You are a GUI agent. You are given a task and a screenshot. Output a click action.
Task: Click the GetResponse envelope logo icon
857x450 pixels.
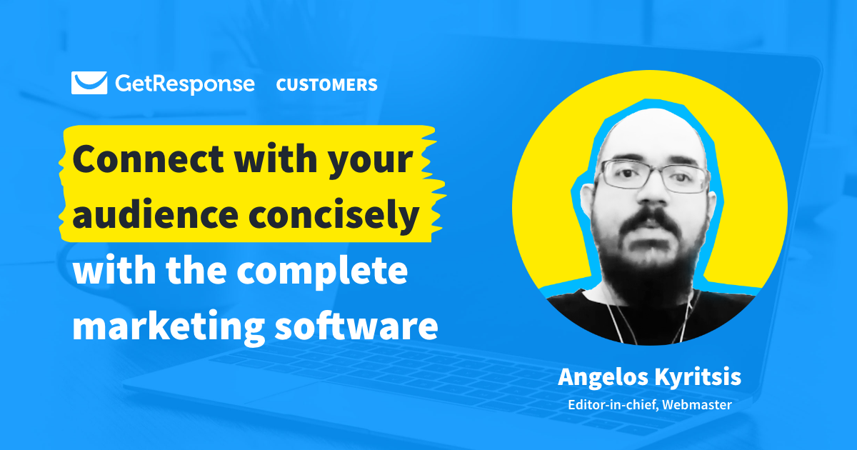pos(89,84)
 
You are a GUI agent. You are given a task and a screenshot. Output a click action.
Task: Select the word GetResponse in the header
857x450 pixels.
pos(184,84)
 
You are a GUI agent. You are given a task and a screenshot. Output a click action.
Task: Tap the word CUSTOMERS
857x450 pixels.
pos(326,85)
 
